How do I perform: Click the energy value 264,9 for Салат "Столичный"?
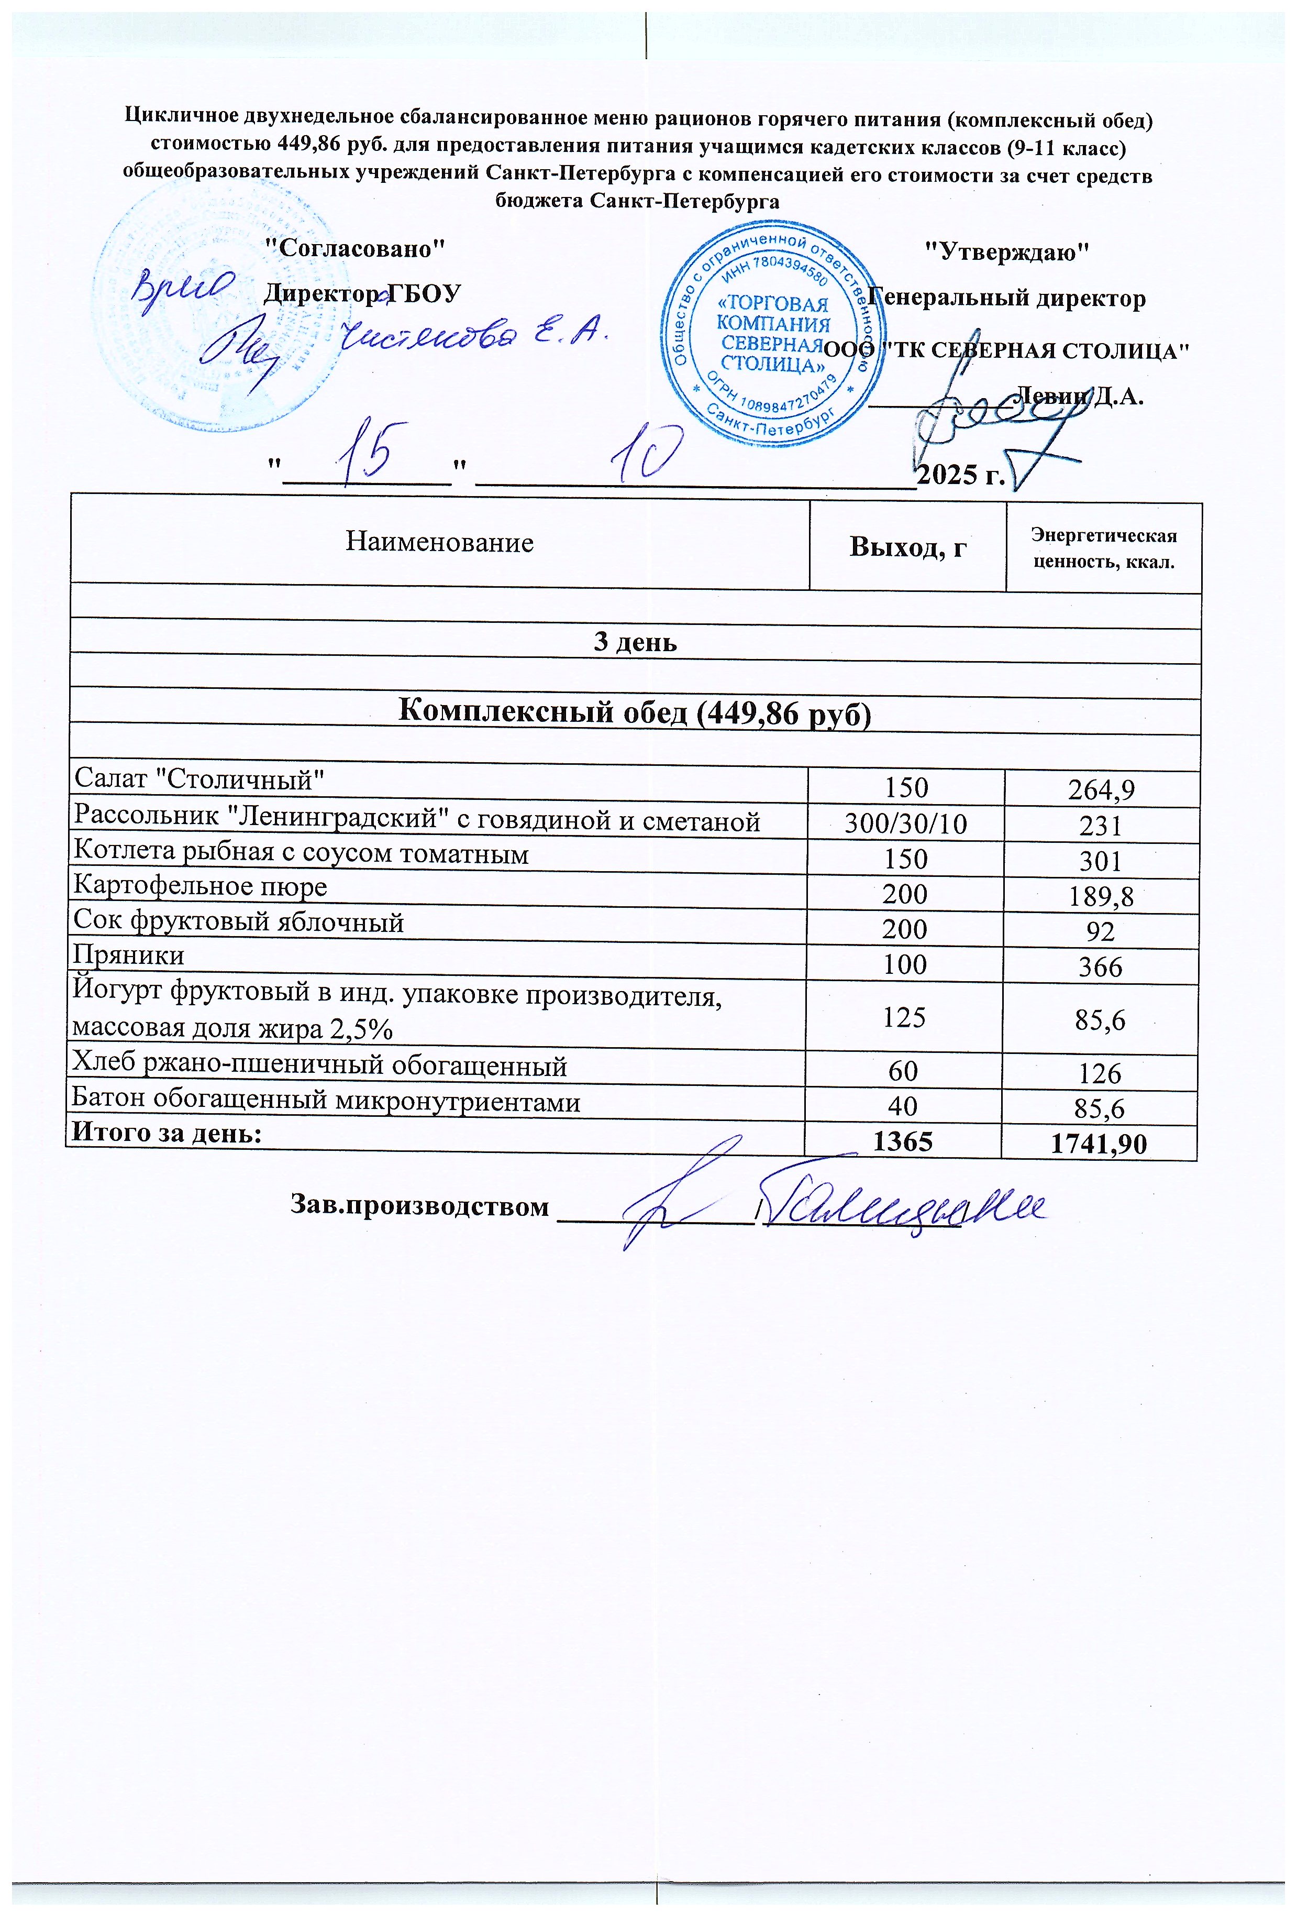(1101, 790)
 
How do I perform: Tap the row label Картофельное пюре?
(200, 887)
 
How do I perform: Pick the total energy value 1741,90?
(1099, 1145)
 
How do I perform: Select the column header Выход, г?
(907, 547)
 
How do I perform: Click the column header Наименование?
(439, 542)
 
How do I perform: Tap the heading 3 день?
(635, 642)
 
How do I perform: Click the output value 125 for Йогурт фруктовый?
(904, 1017)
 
